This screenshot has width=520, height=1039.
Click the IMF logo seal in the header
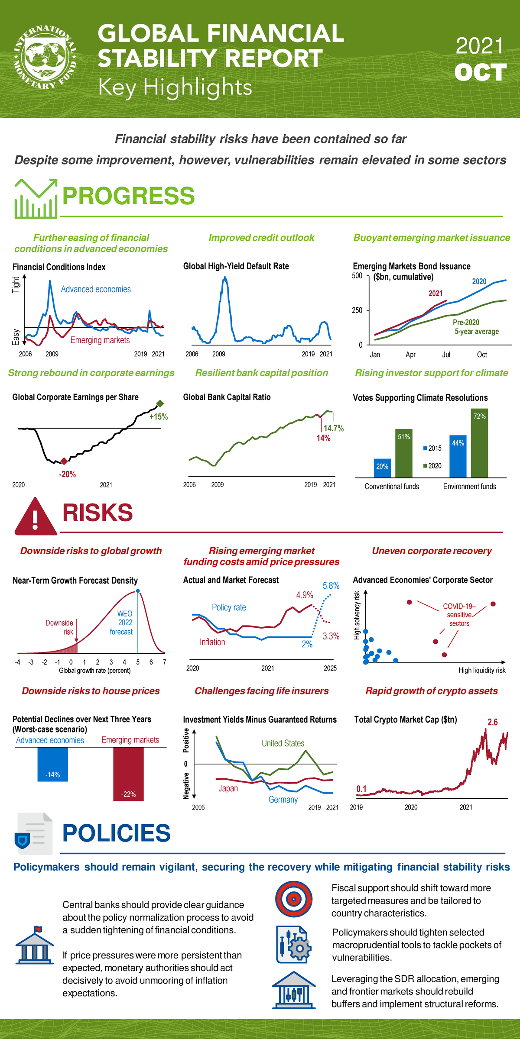(x=45, y=58)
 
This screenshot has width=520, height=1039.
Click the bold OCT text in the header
(x=480, y=72)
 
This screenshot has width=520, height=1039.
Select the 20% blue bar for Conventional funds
(x=382, y=468)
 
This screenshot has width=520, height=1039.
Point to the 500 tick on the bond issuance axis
(x=357, y=276)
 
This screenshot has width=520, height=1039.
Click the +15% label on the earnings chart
(x=158, y=417)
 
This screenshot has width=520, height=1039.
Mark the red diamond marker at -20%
(x=64, y=461)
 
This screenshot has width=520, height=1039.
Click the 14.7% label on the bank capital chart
(x=333, y=428)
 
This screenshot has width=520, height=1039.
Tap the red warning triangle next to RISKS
(x=36, y=517)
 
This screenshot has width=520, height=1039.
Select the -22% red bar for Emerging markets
(x=128, y=774)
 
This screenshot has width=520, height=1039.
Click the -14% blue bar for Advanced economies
(x=52, y=764)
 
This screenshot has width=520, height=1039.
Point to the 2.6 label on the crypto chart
(x=492, y=722)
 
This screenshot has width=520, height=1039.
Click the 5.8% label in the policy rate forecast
(x=331, y=586)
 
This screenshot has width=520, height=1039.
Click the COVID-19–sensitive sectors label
(x=459, y=615)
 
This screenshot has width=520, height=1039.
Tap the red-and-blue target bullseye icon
(x=294, y=899)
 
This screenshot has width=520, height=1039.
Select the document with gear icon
(x=293, y=944)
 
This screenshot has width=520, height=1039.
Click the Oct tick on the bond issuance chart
(x=482, y=355)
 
